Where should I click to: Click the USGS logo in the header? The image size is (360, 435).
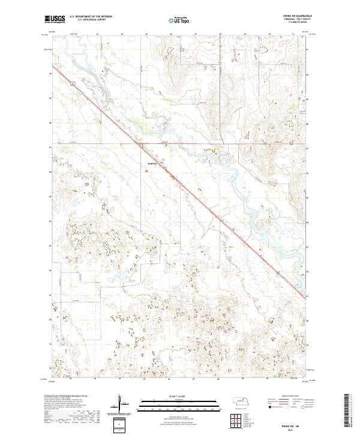(55, 19)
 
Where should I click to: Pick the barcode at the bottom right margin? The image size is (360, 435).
(347, 410)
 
